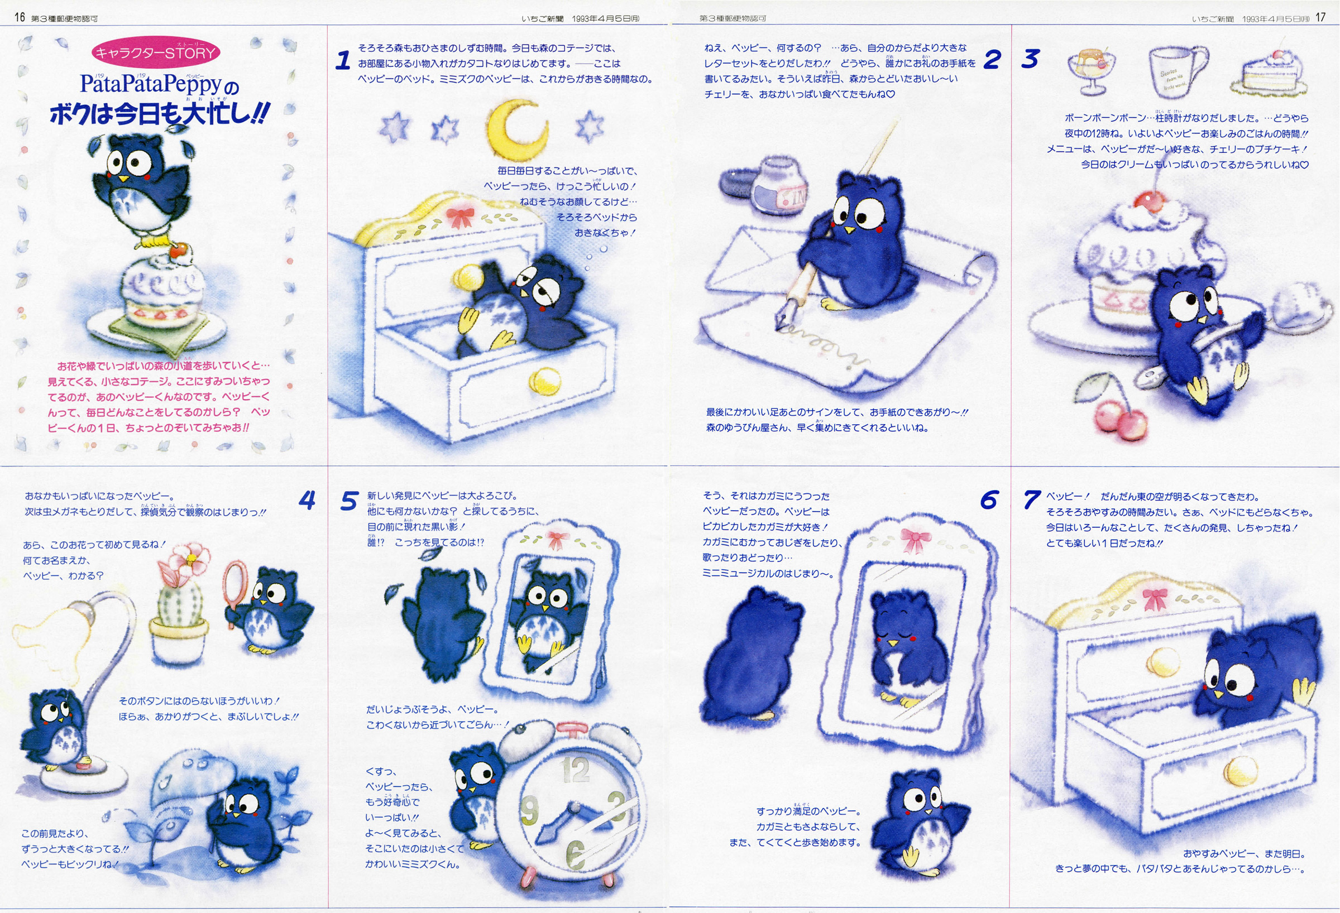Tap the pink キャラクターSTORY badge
pyautogui.click(x=156, y=53)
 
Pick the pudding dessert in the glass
pyautogui.click(x=1091, y=71)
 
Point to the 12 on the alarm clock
pyautogui.click(x=575, y=770)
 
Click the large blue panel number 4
pyautogui.click(x=307, y=499)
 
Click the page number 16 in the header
pyautogui.click(x=20, y=17)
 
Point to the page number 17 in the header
pyautogui.click(x=1320, y=17)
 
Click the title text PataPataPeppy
pyautogui.click(x=151, y=84)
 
